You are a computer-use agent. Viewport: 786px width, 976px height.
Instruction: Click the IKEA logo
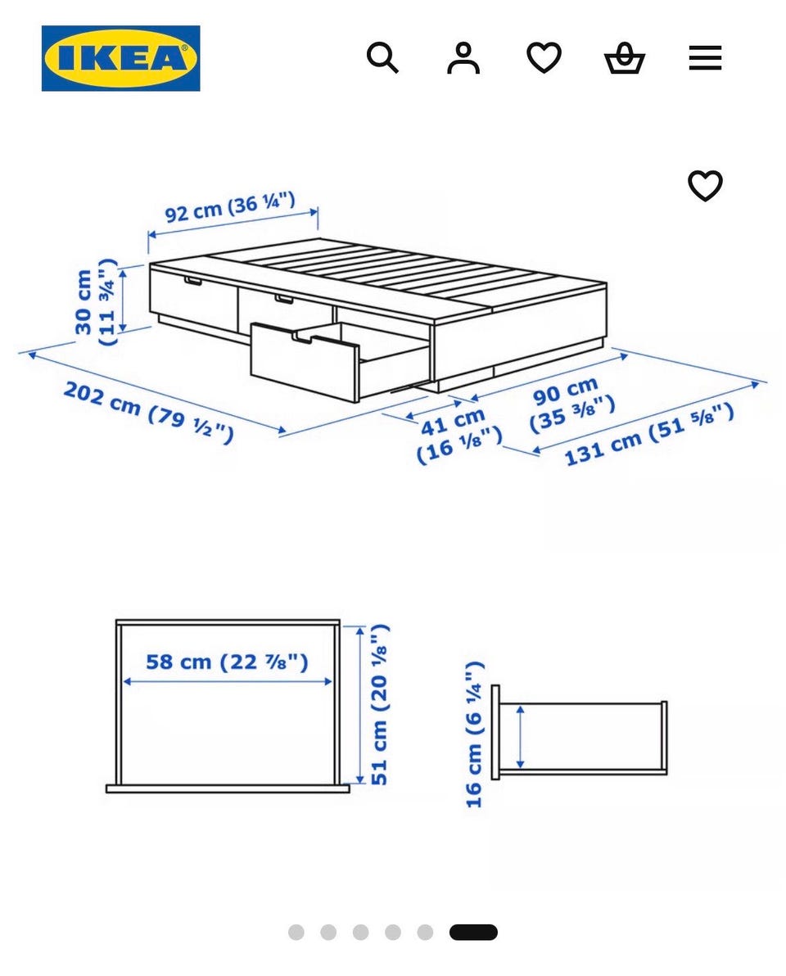click(120, 58)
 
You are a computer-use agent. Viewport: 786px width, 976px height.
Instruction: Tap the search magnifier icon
click(382, 58)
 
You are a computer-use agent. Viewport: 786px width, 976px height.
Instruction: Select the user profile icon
click(463, 58)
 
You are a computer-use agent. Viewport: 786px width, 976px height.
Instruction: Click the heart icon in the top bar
click(544, 58)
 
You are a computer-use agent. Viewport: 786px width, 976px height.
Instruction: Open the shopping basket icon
click(624, 58)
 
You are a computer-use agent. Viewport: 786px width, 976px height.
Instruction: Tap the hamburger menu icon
click(705, 58)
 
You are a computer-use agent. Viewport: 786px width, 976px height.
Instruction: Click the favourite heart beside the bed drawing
click(705, 186)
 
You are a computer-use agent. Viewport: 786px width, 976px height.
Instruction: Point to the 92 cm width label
click(229, 206)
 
